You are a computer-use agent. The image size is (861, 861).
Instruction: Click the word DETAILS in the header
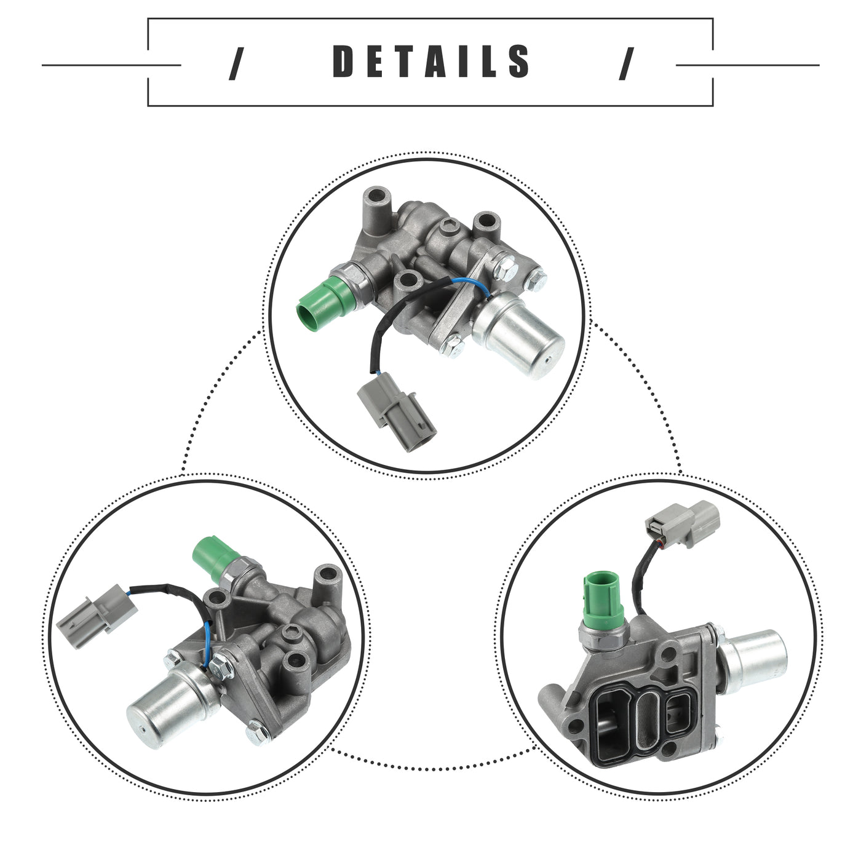tap(430, 61)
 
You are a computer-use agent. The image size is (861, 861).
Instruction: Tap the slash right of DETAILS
tap(627, 64)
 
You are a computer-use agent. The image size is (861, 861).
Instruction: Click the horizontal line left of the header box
tap(111, 65)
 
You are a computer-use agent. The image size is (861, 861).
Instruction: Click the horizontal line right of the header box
tap(747, 65)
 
